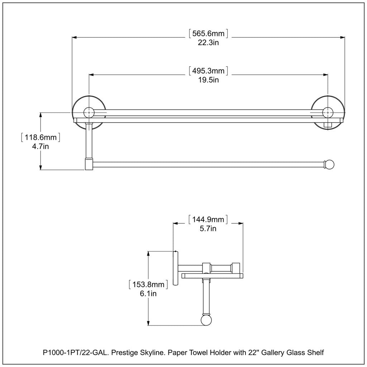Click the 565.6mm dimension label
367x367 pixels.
[x=208, y=34]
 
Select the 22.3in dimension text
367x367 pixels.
[x=208, y=43]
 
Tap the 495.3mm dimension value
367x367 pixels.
[x=208, y=71]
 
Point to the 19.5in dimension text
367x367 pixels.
[x=208, y=80]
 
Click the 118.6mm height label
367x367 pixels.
[x=40, y=137]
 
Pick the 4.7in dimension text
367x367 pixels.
[x=40, y=146]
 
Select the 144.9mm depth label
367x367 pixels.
[x=208, y=219]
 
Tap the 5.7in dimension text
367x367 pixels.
[x=208, y=228]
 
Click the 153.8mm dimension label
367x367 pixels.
[x=148, y=285]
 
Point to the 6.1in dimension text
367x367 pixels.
[x=148, y=294]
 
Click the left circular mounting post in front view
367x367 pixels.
[x=88, y=112]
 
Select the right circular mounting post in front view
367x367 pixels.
[x=327, y=112]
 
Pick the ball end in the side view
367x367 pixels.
[x=206, y=320]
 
